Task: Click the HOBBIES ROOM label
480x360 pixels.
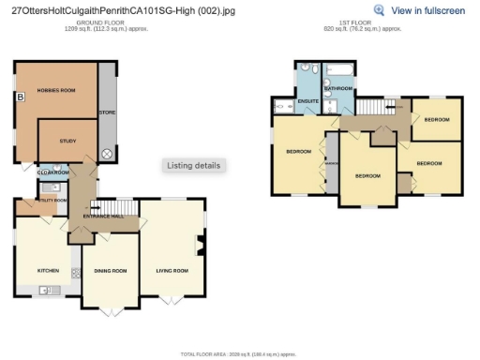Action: pos(55,90)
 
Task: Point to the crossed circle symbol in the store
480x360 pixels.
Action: pos(106,153)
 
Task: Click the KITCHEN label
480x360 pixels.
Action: pos(48,270)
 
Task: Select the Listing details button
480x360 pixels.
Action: pos(194,165)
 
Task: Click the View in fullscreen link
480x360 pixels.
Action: pos(427,10)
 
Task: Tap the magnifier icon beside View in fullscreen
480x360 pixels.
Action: pos(379,10)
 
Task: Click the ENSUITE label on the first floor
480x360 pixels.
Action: pos(307,100)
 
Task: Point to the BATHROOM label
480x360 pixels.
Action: pos(337,88)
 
